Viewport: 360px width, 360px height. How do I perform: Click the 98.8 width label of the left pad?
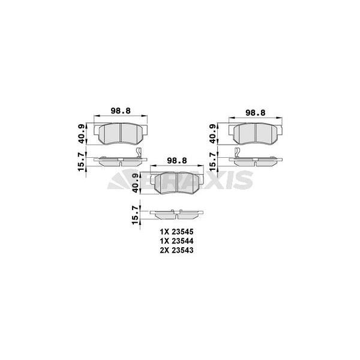point(121,111)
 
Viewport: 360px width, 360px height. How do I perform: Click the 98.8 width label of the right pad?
point(256,113)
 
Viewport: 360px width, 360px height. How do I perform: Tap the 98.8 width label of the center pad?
point(177,160)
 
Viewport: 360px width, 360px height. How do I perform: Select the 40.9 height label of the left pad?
point(82,134)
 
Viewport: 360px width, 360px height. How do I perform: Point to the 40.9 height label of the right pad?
point(213,134)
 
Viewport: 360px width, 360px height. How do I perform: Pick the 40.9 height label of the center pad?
point(136,183)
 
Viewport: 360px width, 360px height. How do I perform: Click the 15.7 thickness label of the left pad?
point(82,161)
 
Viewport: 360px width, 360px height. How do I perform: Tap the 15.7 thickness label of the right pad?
point(213,161)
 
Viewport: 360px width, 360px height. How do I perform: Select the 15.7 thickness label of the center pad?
point(136,215)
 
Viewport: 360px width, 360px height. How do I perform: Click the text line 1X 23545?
point(177,232)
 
